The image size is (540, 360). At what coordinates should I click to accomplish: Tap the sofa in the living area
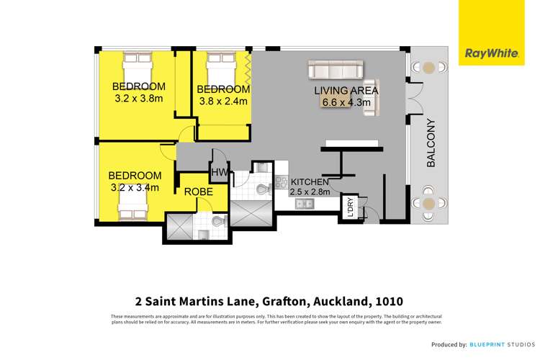pyautogui.click(x=336, y=70)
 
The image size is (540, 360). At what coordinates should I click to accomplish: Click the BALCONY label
pyautogui.click(x=431, y=143)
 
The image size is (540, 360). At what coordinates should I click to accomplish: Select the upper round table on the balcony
pyautogui.click(x=429, y=68)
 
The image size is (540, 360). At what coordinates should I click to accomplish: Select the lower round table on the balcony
pyautogui.click(x=429, y=204)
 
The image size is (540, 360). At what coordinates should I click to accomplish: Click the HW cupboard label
pyautogui.click(x=218, y=173)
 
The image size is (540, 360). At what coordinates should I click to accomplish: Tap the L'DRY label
pyautogui.click(x=351, y=207)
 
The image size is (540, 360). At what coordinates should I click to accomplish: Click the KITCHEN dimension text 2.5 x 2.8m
pyautogui.click(x=310, y=192)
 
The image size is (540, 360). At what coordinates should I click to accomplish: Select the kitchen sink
pyautogui.click(x=303, y=204)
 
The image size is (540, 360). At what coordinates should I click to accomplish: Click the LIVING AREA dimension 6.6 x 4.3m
pyautogui.click(x=346, y=103)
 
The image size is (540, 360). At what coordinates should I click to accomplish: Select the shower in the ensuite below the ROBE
pyautogui.click(x=180, y=228)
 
